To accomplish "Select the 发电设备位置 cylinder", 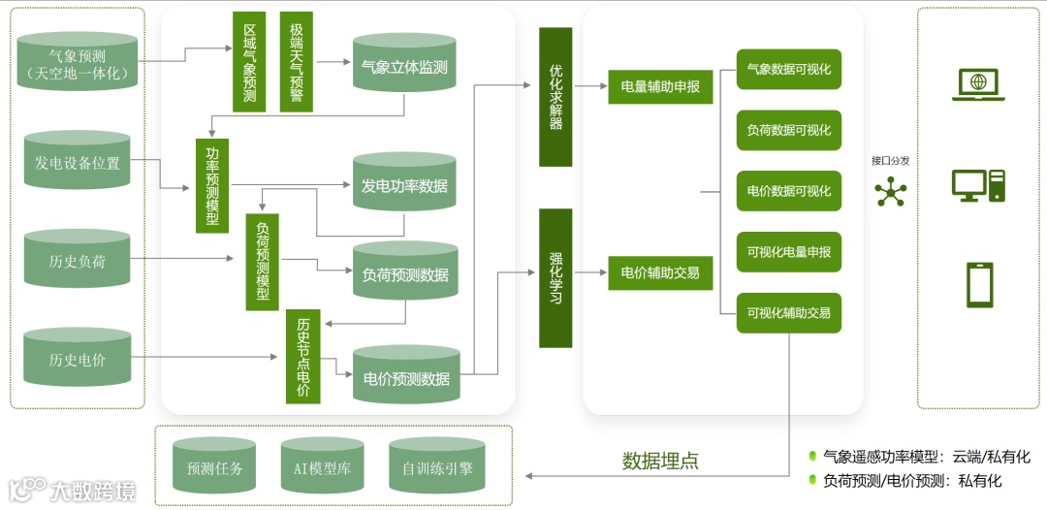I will (x=78, y=162).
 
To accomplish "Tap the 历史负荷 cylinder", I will (x=78, y=260).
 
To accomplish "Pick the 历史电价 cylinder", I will (x=78, y=360).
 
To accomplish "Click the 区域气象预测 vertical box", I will (x=249, y=63).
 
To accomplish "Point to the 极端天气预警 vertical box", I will (x=296, y=63).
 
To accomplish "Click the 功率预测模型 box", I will (x=211, y=184).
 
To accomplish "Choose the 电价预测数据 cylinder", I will (x=405, y=376).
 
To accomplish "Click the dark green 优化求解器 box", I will (x=555, y=97).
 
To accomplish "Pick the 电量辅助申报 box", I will (x=660, y=86).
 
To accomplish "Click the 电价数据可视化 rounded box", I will (x=788, y=191).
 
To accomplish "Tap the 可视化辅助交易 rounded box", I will (x=788, y=313).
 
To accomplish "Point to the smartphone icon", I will (x=978, y=285).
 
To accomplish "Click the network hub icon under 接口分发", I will (x=889, y=193).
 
